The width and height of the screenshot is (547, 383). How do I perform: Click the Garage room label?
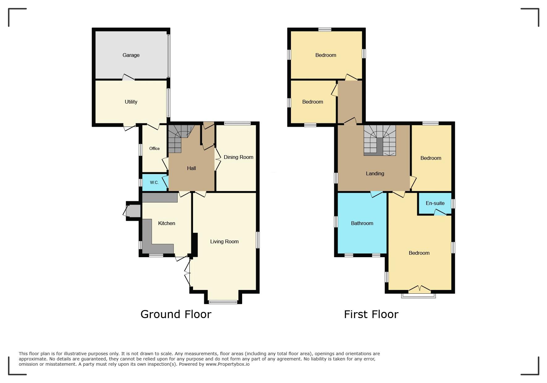pos(131,55)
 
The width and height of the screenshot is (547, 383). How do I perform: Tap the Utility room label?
pos(131,102)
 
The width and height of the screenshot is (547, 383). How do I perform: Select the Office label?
pos(154,148)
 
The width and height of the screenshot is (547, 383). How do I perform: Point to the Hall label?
pos(191,168)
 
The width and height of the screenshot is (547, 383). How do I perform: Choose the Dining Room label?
pos(238,157)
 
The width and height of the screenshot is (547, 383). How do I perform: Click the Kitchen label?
pos(166,223)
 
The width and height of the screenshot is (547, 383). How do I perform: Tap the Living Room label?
pos(224,241)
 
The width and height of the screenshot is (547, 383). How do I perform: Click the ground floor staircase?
pos(181,138)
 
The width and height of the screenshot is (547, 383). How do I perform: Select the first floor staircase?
pos(380,140)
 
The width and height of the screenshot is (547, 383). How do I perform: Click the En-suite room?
pos(435,203)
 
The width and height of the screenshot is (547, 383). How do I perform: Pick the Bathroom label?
pos(362,223)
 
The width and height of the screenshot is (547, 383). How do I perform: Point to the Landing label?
pos(375,173)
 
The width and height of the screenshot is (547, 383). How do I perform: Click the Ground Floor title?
pos(176,314)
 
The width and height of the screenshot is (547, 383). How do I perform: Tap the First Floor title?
pos(371,314)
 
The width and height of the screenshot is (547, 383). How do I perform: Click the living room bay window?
pos(223,302)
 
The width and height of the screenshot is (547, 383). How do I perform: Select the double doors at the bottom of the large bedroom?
pos(419,289)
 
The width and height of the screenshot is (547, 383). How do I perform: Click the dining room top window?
pos(237,123)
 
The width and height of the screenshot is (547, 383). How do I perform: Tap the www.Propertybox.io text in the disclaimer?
pos(228,364)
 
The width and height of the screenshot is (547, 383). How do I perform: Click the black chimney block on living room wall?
pos(195,244)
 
